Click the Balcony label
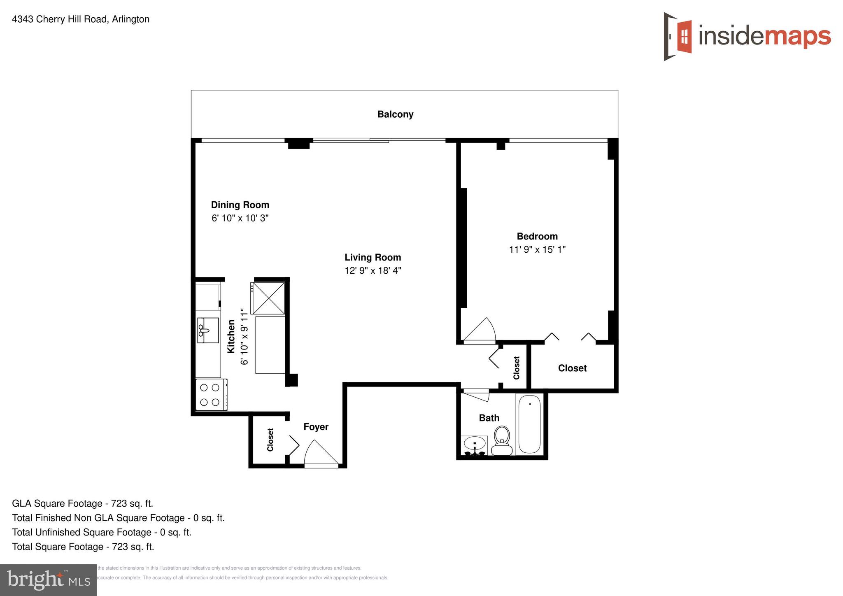[395, 114]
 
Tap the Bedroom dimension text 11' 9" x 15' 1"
[537, 249]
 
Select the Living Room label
[373, 258]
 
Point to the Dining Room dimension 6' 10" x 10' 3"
[240, 218]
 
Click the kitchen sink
[208, 330]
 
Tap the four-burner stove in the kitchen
[210, 395]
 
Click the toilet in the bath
[502, 440]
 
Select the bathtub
[529, 424]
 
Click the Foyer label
[316, 427]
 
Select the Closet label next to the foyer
[270, 440]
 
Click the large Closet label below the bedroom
[572, 368]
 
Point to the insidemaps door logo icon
[678, 37]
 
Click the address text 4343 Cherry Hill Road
[81, 19]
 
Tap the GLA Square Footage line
[82, 503]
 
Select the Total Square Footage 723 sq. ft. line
[83, 547]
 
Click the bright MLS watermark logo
[48, 580]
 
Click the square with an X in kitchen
[268, 298]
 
